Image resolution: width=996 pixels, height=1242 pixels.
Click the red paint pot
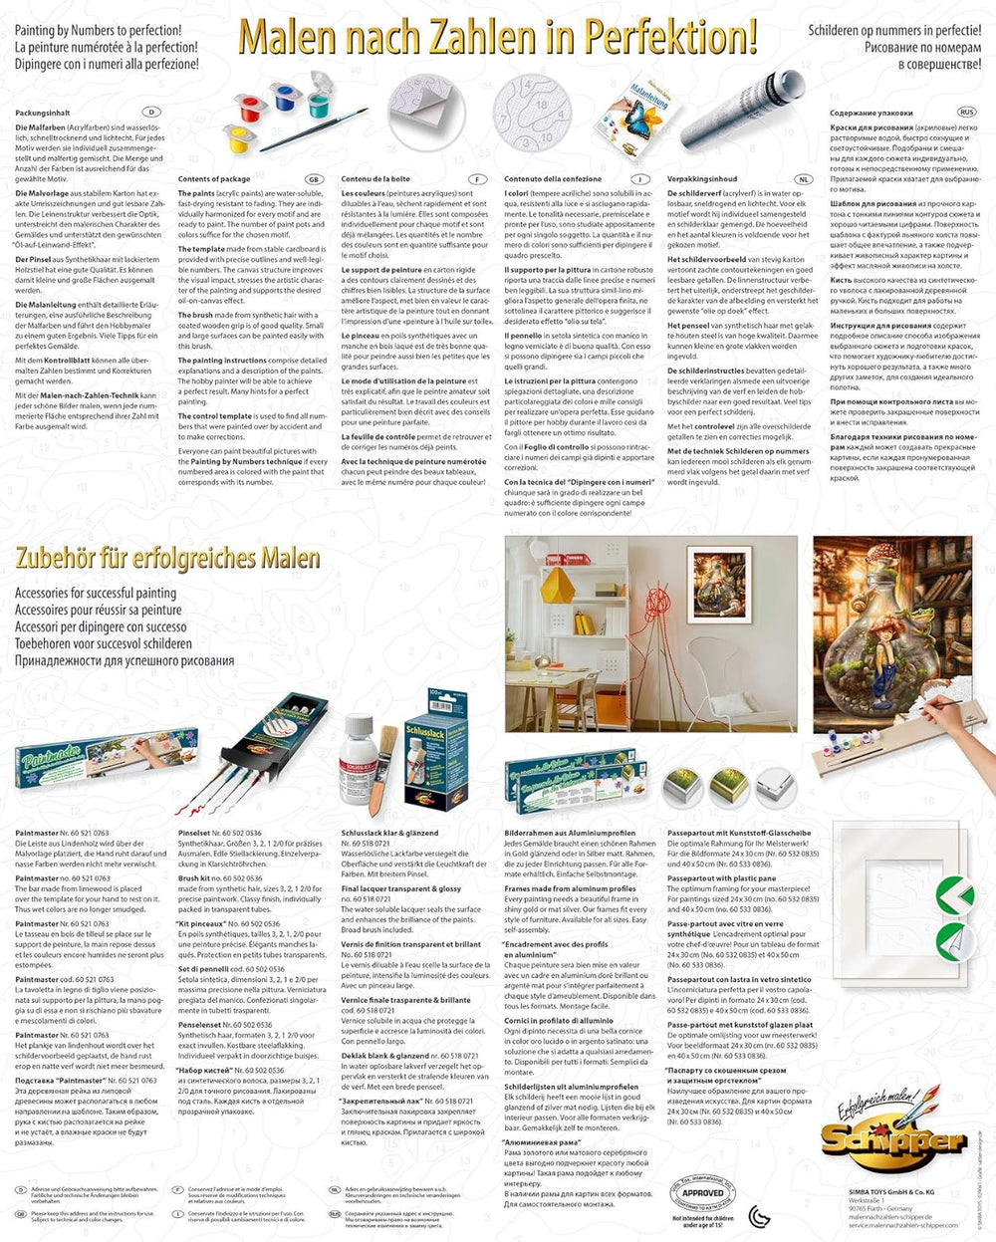248,103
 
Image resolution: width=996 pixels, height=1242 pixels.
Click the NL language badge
804,179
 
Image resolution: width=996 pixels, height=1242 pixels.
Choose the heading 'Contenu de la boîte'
375,179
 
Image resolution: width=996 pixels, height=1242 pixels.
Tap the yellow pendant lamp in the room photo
567,578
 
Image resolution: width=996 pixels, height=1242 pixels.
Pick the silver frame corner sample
775,787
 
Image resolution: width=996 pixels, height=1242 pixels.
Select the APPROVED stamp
702,1192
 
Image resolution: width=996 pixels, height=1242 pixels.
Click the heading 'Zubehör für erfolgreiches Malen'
167,558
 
